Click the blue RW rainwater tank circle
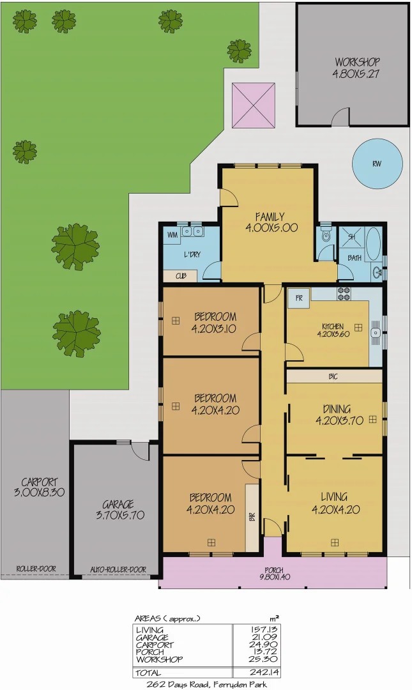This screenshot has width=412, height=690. (377, 163)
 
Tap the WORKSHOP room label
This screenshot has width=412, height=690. (356, 68)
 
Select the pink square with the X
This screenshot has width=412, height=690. (254, 105)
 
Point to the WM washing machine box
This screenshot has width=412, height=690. (172, 236)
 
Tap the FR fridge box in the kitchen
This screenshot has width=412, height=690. (298, 297)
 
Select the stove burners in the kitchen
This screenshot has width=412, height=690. (344, 295)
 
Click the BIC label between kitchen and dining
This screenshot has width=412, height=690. (333, 376)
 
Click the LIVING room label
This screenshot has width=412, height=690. (333, 503)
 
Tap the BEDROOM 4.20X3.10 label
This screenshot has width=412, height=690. (215, 322)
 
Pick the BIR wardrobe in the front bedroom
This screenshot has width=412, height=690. (252, 517)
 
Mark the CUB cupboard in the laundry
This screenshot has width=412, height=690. (180, 277)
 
